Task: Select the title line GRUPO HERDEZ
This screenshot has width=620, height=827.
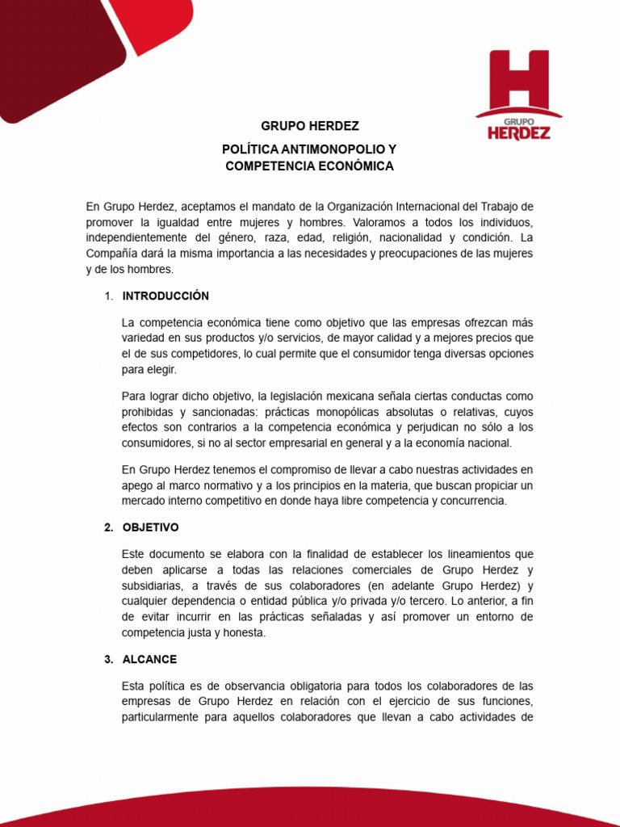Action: (310, 127)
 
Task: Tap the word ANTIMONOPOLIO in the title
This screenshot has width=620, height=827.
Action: (327, 150)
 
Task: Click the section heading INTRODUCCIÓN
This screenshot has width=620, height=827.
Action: (165, 296)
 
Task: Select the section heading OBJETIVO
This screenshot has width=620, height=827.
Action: (151, 527)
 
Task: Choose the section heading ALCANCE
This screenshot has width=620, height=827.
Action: (149, 660)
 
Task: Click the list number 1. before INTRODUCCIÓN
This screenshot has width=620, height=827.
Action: (109, 296)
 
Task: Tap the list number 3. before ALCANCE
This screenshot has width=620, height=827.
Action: (109, 660)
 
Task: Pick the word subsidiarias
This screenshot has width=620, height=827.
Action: (156, 586)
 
